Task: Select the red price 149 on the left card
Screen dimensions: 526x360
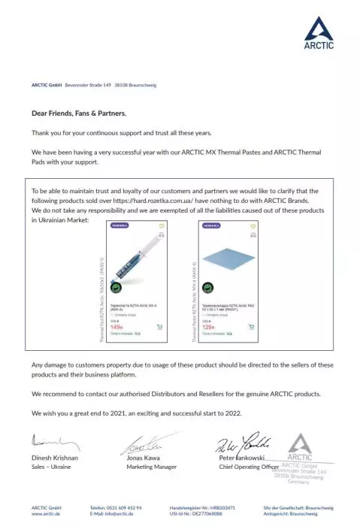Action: tap(116, 327)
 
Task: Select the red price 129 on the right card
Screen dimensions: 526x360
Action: tap(209, 327)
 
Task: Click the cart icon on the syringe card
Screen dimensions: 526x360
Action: tap(159, 327)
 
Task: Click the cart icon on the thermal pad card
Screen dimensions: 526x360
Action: tap(251, 327)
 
